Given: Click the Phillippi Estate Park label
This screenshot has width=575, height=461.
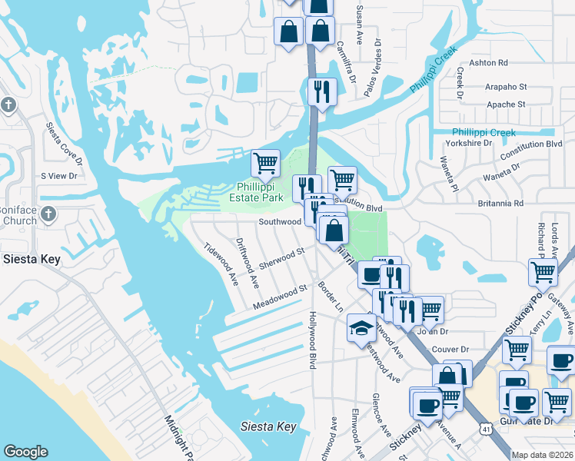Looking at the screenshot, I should [x=261, y=192].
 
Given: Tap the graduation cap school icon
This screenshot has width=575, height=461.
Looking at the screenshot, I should [x=361, y=328].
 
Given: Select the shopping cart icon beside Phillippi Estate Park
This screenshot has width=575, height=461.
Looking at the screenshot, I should [x=265, y=162].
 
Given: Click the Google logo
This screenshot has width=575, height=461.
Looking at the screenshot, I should [x=26, y=452].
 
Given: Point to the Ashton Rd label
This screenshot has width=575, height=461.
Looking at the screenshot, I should [x=492, y=63].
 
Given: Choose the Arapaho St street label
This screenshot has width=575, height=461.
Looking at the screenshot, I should [x=506, y=88].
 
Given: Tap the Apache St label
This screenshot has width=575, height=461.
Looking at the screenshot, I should [x=506, y=104].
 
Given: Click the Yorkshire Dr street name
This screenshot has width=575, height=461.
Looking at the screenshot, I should [x=471, y=143].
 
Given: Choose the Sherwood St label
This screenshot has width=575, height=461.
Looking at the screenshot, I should [x=282, y=257].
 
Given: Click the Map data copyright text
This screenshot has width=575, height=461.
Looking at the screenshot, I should [x=543, y=455].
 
